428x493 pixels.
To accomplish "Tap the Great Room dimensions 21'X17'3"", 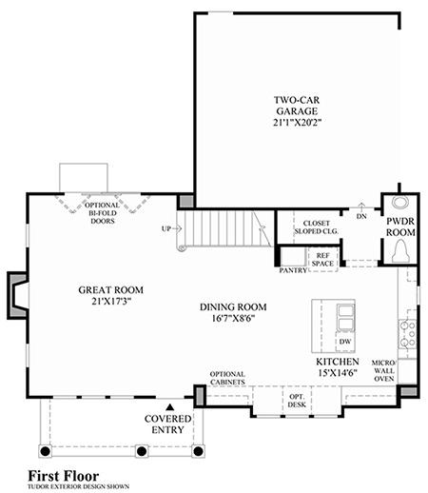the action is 111,301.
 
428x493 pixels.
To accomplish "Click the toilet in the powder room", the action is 400,251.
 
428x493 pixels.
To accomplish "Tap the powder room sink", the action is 400,203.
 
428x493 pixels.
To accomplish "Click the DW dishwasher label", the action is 345,342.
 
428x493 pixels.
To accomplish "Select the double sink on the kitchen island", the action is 345,317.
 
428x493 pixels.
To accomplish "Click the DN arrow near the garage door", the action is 361,206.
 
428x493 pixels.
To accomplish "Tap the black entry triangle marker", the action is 170,406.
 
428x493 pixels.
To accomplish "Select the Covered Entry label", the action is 167,424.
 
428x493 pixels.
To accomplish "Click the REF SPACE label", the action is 322,260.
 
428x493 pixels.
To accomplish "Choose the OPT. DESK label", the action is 297,401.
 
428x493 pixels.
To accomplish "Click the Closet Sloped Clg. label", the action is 316,227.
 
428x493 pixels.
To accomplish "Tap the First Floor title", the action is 64,476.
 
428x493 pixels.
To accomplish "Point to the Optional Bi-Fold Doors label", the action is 103,213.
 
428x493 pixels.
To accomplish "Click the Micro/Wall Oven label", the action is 384,370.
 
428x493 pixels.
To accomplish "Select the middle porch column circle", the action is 141,451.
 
